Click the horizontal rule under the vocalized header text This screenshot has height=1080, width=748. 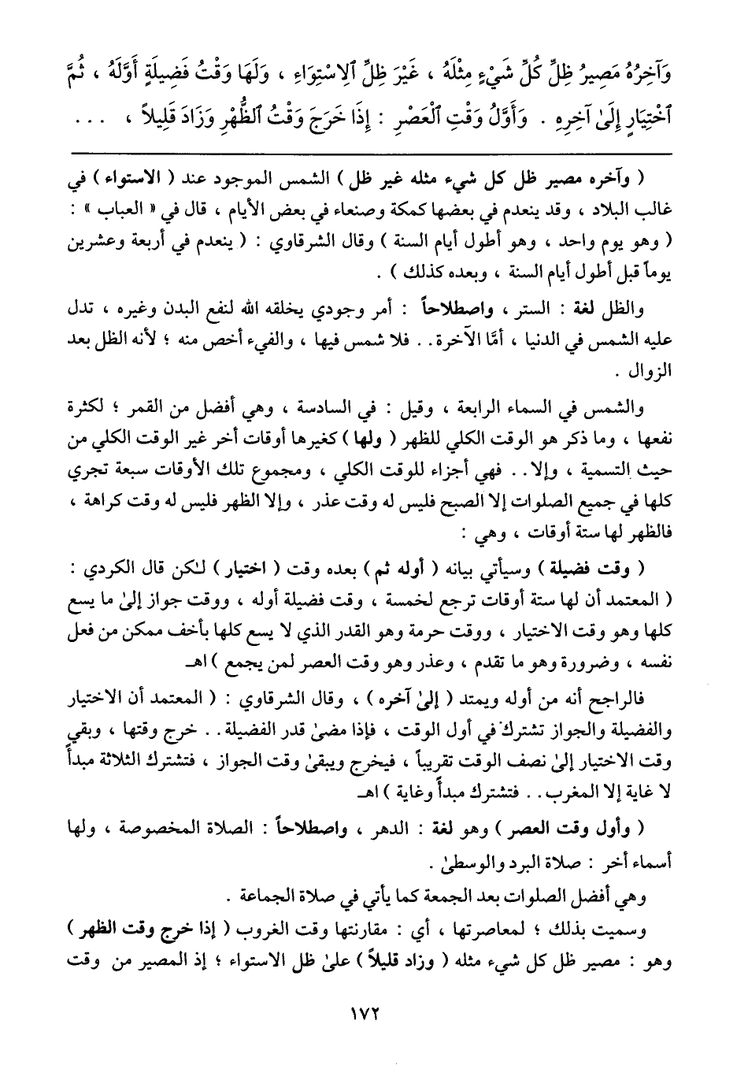(x=373, y=151)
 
